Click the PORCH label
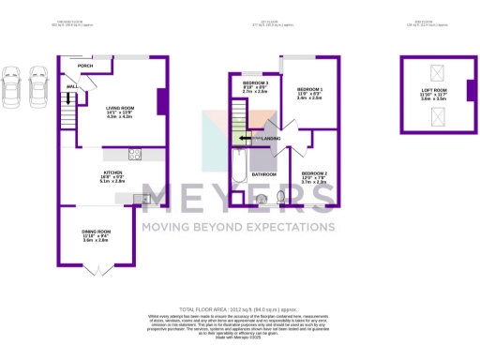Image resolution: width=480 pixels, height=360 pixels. pos(85,67)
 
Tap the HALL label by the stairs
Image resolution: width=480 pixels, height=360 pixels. pos(71,86)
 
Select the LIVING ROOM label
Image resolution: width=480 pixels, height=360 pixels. pos(119,108)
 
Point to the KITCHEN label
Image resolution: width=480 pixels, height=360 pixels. pos(112,173)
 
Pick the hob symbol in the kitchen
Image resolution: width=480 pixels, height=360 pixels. pos(134,154)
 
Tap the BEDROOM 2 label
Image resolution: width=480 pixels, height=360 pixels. pos(314,173)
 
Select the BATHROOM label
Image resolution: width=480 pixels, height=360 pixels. pos(262,174)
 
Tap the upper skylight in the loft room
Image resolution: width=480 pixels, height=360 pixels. pos(437,72)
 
